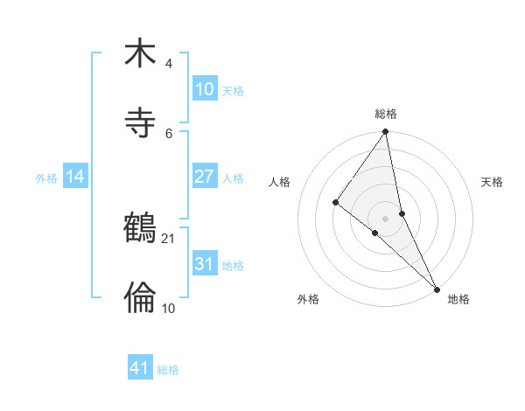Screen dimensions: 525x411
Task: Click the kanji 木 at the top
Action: click(140, 54)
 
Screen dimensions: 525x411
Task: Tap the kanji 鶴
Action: click(140, 230)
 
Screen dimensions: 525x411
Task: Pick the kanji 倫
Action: click(140, 297)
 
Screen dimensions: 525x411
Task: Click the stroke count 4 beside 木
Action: click(169, 65)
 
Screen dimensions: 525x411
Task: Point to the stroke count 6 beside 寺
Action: click(169, 133)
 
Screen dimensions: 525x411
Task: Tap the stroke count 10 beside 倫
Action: click(169, 308)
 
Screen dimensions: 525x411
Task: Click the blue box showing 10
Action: click(204, 89)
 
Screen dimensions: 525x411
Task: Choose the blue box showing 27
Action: click(204, 177)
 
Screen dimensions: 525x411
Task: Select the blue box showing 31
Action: click(204, 264)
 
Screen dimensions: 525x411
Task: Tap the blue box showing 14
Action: click(75, 177)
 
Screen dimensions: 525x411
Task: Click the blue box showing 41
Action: click(140, 368)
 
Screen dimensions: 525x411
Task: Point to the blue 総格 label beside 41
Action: click(168, 370)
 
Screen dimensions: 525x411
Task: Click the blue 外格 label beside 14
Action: click(46, 178)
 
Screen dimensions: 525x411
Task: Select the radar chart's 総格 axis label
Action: click(386, 114)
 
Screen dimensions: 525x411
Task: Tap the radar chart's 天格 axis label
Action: click(493, 182)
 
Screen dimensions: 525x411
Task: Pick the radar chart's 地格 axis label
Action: click(458, 300)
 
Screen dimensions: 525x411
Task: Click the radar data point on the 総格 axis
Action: click(386, 133)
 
